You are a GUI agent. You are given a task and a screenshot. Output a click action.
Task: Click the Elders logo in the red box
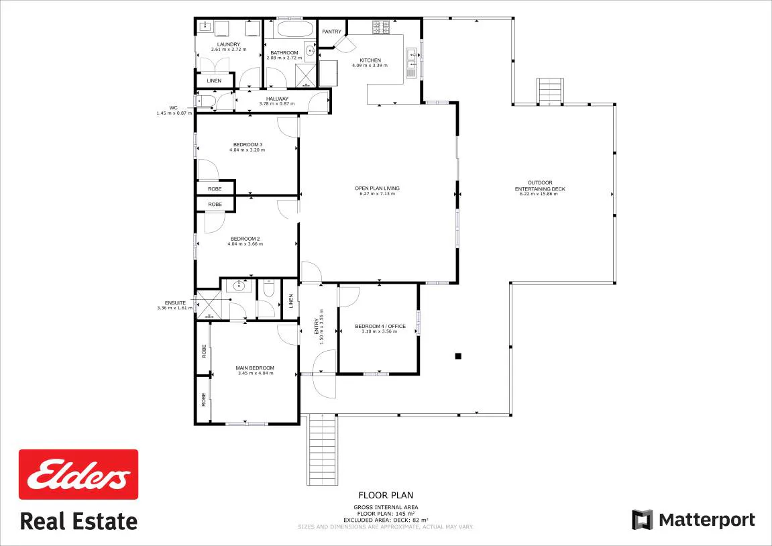[x=78, y=474]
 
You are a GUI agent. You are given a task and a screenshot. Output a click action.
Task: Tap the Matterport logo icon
[x=642, y=520]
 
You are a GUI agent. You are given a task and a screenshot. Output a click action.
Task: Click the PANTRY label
[x=332, y=32]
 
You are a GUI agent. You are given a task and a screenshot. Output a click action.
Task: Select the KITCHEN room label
[x=370, y=60]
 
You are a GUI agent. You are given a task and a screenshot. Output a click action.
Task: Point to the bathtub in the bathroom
[x=294, y=29]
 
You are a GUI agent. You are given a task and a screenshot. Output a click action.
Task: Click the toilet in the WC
[x=205, y=101]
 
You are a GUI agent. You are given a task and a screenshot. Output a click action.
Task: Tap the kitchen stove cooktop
[x=381, y=27]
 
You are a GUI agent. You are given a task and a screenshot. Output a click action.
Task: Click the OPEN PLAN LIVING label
[x=377, y=188]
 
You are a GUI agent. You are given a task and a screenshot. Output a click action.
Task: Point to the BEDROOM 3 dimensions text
[x=247, y=150]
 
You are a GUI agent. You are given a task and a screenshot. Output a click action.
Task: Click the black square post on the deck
[x=458, y=356]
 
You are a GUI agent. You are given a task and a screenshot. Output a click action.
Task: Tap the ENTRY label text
[x=317, y=327]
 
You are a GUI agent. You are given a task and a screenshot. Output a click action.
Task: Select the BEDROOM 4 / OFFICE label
[x=380, y=326]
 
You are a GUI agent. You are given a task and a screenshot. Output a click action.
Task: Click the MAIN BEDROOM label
[x=255, y=368]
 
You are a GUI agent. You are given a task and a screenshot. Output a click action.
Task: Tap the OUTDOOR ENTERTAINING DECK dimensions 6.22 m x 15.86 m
[x=539, y=194]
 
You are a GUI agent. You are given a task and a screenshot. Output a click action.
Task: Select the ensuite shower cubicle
[x=209, y=305]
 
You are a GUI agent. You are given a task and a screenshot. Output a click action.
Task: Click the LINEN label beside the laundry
[x=214, y=80]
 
